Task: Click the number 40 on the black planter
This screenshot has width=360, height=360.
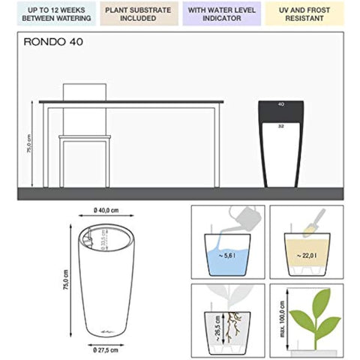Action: (280, 103)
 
